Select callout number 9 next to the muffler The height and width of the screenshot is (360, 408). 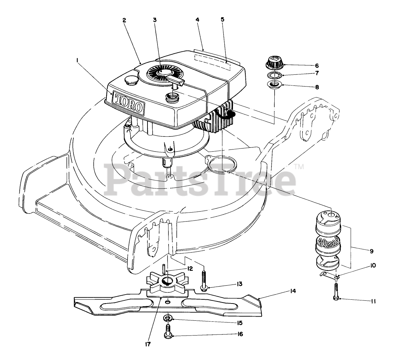click(x=371, y=251)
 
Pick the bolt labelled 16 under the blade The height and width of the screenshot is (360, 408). click(x=168, y=331)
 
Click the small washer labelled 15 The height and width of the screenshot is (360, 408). click(x=168, y=318)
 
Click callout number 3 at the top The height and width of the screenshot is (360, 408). click(x=155, y=20)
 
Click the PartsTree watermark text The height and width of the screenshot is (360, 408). click(x=200, y=179)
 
